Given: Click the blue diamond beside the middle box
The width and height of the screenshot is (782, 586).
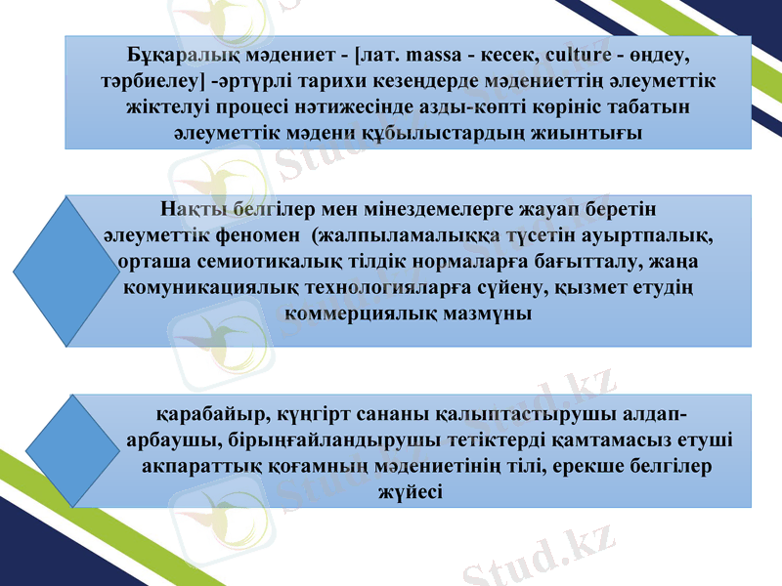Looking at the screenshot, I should pyautogui.click(x=68, y=272).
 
